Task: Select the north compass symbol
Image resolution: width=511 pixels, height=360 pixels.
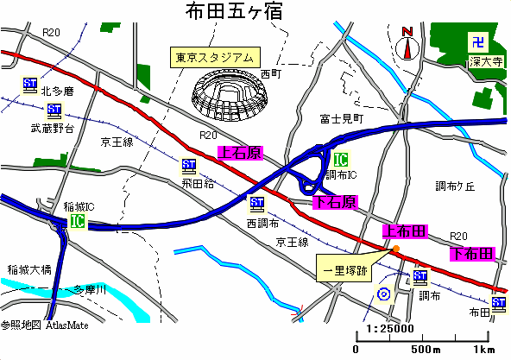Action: click(x=408, y=43)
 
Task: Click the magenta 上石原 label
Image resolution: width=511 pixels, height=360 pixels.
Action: click(x=239, y=153)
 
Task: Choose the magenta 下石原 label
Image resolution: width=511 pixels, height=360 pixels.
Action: click(x=335, y=203)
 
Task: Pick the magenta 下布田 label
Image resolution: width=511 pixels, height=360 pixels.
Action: click(x=472, y=254)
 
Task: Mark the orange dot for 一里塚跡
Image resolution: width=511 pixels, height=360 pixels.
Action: click(x=396, y=249)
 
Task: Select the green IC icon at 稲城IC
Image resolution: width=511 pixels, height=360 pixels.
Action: click(x=79, y=222)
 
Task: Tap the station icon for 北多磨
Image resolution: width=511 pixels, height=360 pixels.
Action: click(x=29, y=85)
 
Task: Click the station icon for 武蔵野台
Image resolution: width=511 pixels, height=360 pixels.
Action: click(x=54, y=111)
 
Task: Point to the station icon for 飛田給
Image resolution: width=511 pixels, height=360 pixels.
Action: click(x=189, y=166)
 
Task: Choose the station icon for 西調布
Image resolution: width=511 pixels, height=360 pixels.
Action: click(x=255, y=205)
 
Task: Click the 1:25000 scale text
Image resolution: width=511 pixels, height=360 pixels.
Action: click(x=389, y=328)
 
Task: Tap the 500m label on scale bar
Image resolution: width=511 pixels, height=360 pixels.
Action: click(x=425, y=350)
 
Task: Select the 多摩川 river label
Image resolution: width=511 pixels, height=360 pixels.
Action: click(x=89, y=289)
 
